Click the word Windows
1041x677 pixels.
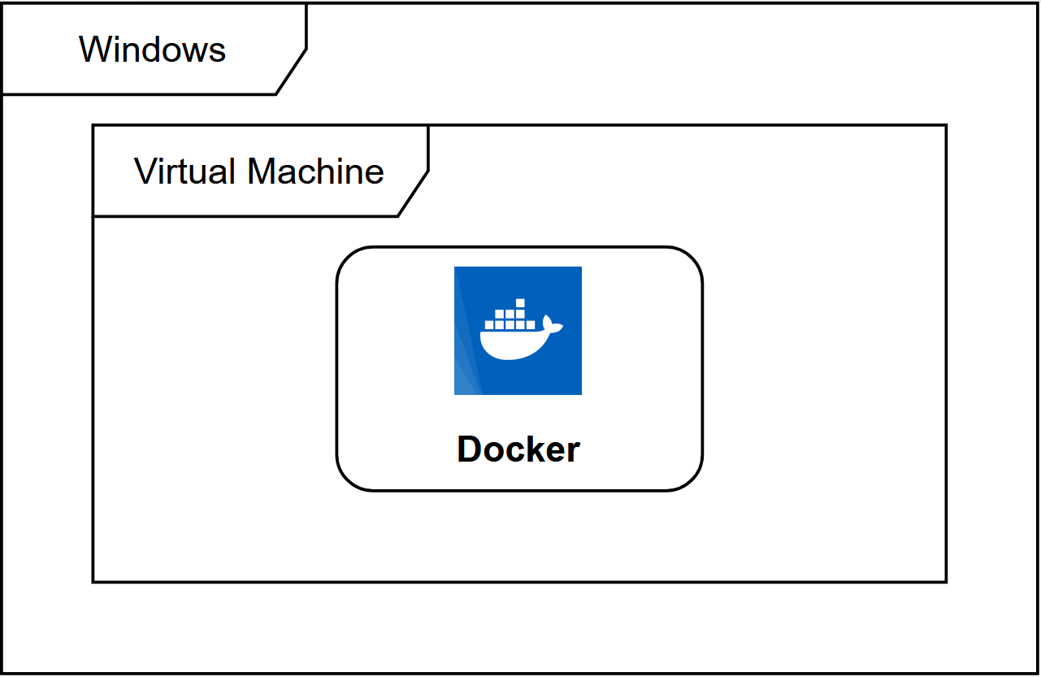click(x=152, y=50)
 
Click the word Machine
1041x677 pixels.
click(x=315, y=171)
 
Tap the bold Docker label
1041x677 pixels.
click(x=518, y=449)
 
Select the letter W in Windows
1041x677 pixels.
click(x=93, y=50)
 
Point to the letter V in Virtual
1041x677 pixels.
click(x=145, y=171)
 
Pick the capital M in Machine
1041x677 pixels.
click(x=262, y=171)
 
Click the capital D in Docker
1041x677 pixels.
click(x=470, y=449)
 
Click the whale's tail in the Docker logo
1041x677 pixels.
click(x=552, y=325)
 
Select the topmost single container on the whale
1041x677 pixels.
click(x=520, y=303)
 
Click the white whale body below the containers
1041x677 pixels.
click(x=512, y=345)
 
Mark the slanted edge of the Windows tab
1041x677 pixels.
click(x=291, y=72)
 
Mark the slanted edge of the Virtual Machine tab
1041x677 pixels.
click(x=413, y=193)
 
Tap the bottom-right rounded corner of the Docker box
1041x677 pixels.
click(x=692, y=480)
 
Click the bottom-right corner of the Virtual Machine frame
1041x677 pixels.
click(x=946, y=581)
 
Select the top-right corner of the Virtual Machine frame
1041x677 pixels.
click(x=946, y=126)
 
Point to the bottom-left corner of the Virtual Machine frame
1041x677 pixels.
click(x=93, y=581)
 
